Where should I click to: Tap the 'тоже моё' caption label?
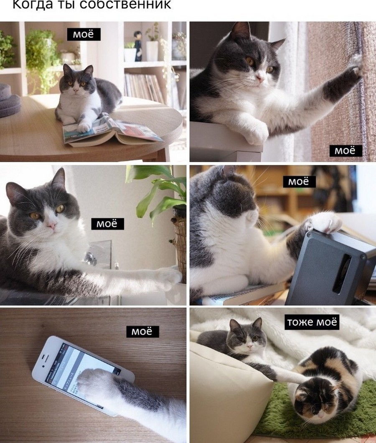click(312, 322)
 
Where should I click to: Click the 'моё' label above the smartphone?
click(142, 331)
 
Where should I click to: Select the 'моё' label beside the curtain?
click(346, 150)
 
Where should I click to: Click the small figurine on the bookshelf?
click(138, 46)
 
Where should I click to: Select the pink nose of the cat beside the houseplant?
click(52, 225)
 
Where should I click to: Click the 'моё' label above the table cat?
click(84, 34)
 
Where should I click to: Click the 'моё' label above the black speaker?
click(300, 181)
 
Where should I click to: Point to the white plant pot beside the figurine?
click(152, 51)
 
